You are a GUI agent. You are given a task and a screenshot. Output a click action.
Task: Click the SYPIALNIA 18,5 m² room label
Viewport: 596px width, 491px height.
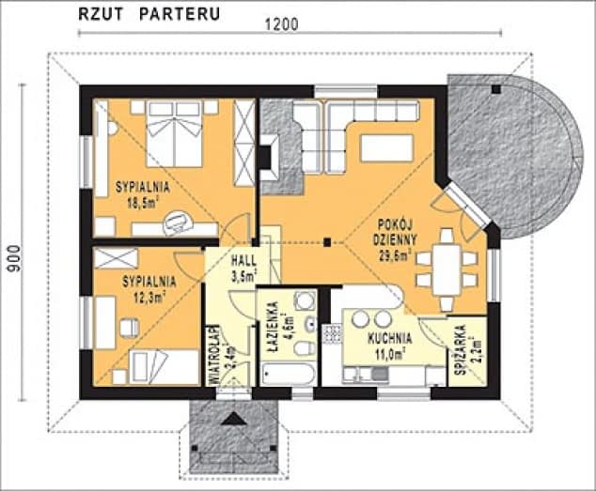[137, 193]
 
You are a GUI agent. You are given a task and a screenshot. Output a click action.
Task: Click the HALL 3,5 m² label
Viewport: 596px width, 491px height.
[245, 268]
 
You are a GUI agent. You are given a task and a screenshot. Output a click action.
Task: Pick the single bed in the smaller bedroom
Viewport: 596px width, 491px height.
[150, 364]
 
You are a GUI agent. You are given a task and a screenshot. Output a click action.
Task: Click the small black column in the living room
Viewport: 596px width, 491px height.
[326, 242]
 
